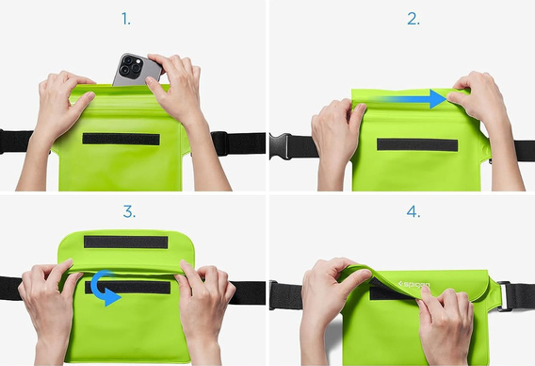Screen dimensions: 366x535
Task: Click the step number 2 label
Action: [x=413, y=19]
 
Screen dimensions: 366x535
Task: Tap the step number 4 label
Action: [x=413, y=209]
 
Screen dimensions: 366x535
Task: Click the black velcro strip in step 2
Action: [x=417, y=144]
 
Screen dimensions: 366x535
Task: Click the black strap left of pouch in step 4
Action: [x=285, y=295]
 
